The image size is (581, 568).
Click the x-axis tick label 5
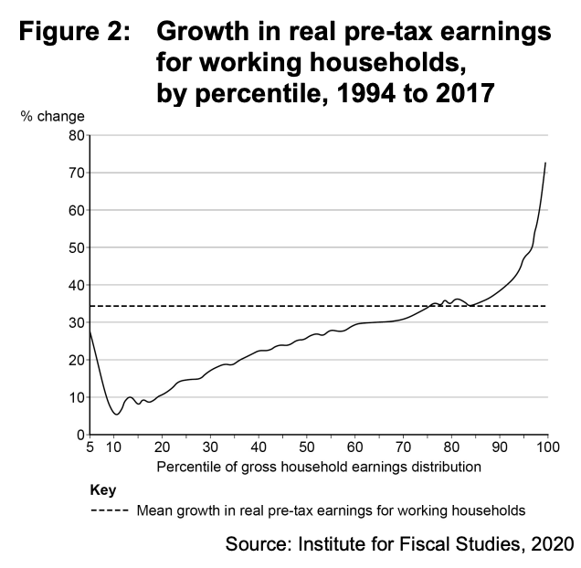point(90,447)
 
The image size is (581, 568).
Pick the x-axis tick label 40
point(259,447)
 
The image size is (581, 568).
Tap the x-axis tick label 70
point(403,447)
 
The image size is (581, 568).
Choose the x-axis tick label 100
point(546,447)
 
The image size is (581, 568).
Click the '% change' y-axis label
point(53,116)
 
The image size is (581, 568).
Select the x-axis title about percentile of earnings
point(317,467)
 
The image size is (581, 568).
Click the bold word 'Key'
point(104,490)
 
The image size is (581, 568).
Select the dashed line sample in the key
point(110,510)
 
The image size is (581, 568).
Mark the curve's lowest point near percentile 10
point(115,414)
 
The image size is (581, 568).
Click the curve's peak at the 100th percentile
point(545,163)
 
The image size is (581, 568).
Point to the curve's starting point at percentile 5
point(90,331)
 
